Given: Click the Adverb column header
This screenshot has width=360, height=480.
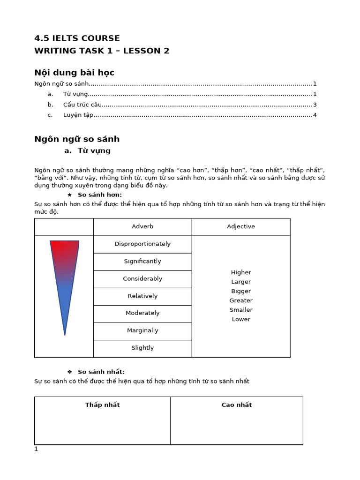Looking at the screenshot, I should pyautogui.click(x=142, y=226).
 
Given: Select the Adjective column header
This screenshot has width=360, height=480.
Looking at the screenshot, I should pyautogui.click(x=241, y=226).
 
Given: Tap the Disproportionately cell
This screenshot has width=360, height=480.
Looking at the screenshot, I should pyautogui.click(x=142, y=244).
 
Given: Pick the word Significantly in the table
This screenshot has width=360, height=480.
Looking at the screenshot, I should pyautogui.click(x=142, y=261).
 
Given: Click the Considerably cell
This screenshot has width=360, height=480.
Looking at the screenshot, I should pyautogui.click(x=142, y=278).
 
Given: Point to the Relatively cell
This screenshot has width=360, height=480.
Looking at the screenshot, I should pyautogui.click(x=142, y=296).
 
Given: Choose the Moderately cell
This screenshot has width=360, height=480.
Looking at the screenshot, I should pyautogui.click(x=142, y=313).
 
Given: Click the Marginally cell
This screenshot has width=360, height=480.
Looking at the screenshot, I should pyautogui.click(x=142, y=330).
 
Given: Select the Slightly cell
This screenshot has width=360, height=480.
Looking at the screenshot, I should pyautogui.click(x=142, y=348).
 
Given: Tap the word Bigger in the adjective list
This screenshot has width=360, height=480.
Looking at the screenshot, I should pyautogui.click(x=241, y=291).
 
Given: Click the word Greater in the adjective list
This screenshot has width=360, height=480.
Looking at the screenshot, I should pyautogui.click(x=241, y=300).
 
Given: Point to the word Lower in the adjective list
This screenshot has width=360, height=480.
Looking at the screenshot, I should pyautogui.click(x=241, y=319).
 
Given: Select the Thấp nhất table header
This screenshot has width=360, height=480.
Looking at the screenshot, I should pyautogui.click(x=102, y=405).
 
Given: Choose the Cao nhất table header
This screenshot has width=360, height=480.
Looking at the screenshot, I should pyautogui.click(x=237, y=405).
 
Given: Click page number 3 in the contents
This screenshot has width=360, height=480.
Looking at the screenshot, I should pyautogui.click(x=315, y=105).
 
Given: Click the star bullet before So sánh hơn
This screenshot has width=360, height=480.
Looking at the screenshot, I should pyautogui.click(x=70, y=195).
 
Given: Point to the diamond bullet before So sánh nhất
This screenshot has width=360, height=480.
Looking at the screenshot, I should pyautogui.click(x=70, y=372).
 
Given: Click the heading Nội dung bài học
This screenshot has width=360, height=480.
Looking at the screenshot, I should pyautogui.click(x=75, y=73).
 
